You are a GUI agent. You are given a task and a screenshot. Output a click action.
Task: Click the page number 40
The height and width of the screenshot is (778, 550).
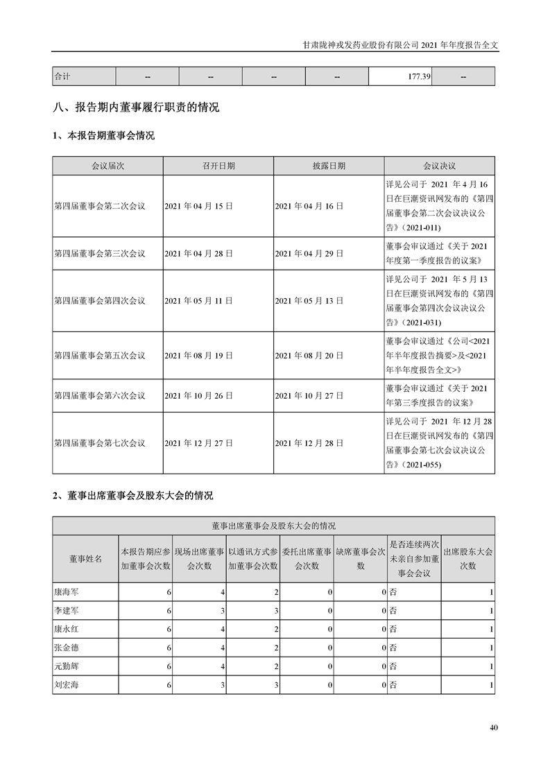(493, 727)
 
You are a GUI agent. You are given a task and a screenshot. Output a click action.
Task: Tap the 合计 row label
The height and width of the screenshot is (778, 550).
(63, 76)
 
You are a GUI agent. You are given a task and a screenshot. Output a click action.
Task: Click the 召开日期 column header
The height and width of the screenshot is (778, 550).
(218, 166)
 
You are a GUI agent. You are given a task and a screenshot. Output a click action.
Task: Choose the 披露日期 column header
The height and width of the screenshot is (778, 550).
(329, 166)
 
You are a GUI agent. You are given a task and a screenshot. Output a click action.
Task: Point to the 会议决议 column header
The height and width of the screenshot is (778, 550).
(439, 166)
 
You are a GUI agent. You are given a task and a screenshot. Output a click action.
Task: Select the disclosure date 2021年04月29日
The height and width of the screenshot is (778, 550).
(309, 253)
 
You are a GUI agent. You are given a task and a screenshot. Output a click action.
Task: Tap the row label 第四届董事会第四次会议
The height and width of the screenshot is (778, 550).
(100, 301)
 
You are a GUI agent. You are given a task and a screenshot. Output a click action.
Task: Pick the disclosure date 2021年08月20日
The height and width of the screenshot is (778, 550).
(309, 355)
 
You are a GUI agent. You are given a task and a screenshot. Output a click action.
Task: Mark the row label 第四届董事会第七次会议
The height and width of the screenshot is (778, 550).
(100, 442)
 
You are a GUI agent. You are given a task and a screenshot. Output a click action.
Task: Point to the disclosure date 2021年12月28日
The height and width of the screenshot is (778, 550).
(309, 442)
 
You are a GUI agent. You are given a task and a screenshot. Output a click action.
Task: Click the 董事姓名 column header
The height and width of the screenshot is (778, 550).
(85, 559)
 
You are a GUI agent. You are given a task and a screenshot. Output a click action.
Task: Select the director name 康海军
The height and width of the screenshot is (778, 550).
(67, 592)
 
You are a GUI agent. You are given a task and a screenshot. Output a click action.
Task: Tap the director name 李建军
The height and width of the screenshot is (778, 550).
(67, 611)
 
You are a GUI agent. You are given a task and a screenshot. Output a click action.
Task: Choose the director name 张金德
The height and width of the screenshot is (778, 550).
(67, 648)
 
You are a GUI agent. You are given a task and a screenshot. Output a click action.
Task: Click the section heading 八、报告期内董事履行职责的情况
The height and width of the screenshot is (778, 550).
(136, 107)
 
